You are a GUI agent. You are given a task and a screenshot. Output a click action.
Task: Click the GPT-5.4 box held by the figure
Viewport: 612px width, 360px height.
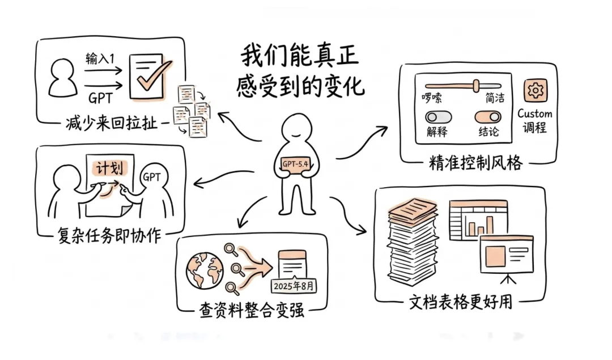(x=297, y=164)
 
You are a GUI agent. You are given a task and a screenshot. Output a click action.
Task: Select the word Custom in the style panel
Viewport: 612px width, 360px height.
(x=534, y=113)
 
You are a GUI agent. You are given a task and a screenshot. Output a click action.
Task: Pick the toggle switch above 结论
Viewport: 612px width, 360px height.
(x=487, y=117)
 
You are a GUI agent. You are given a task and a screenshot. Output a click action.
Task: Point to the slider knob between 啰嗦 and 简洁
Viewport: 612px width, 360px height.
(x=475, y=85)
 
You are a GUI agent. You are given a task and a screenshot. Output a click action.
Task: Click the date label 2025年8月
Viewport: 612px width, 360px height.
(x=294, y=285)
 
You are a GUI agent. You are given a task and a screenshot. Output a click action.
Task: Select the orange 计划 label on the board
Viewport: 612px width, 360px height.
(x=108, y=167)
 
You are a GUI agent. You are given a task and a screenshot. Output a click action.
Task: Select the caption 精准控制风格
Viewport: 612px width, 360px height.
(x=476, y=165)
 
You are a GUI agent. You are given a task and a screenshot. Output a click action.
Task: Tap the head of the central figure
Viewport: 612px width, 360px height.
(x=296, y=128)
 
